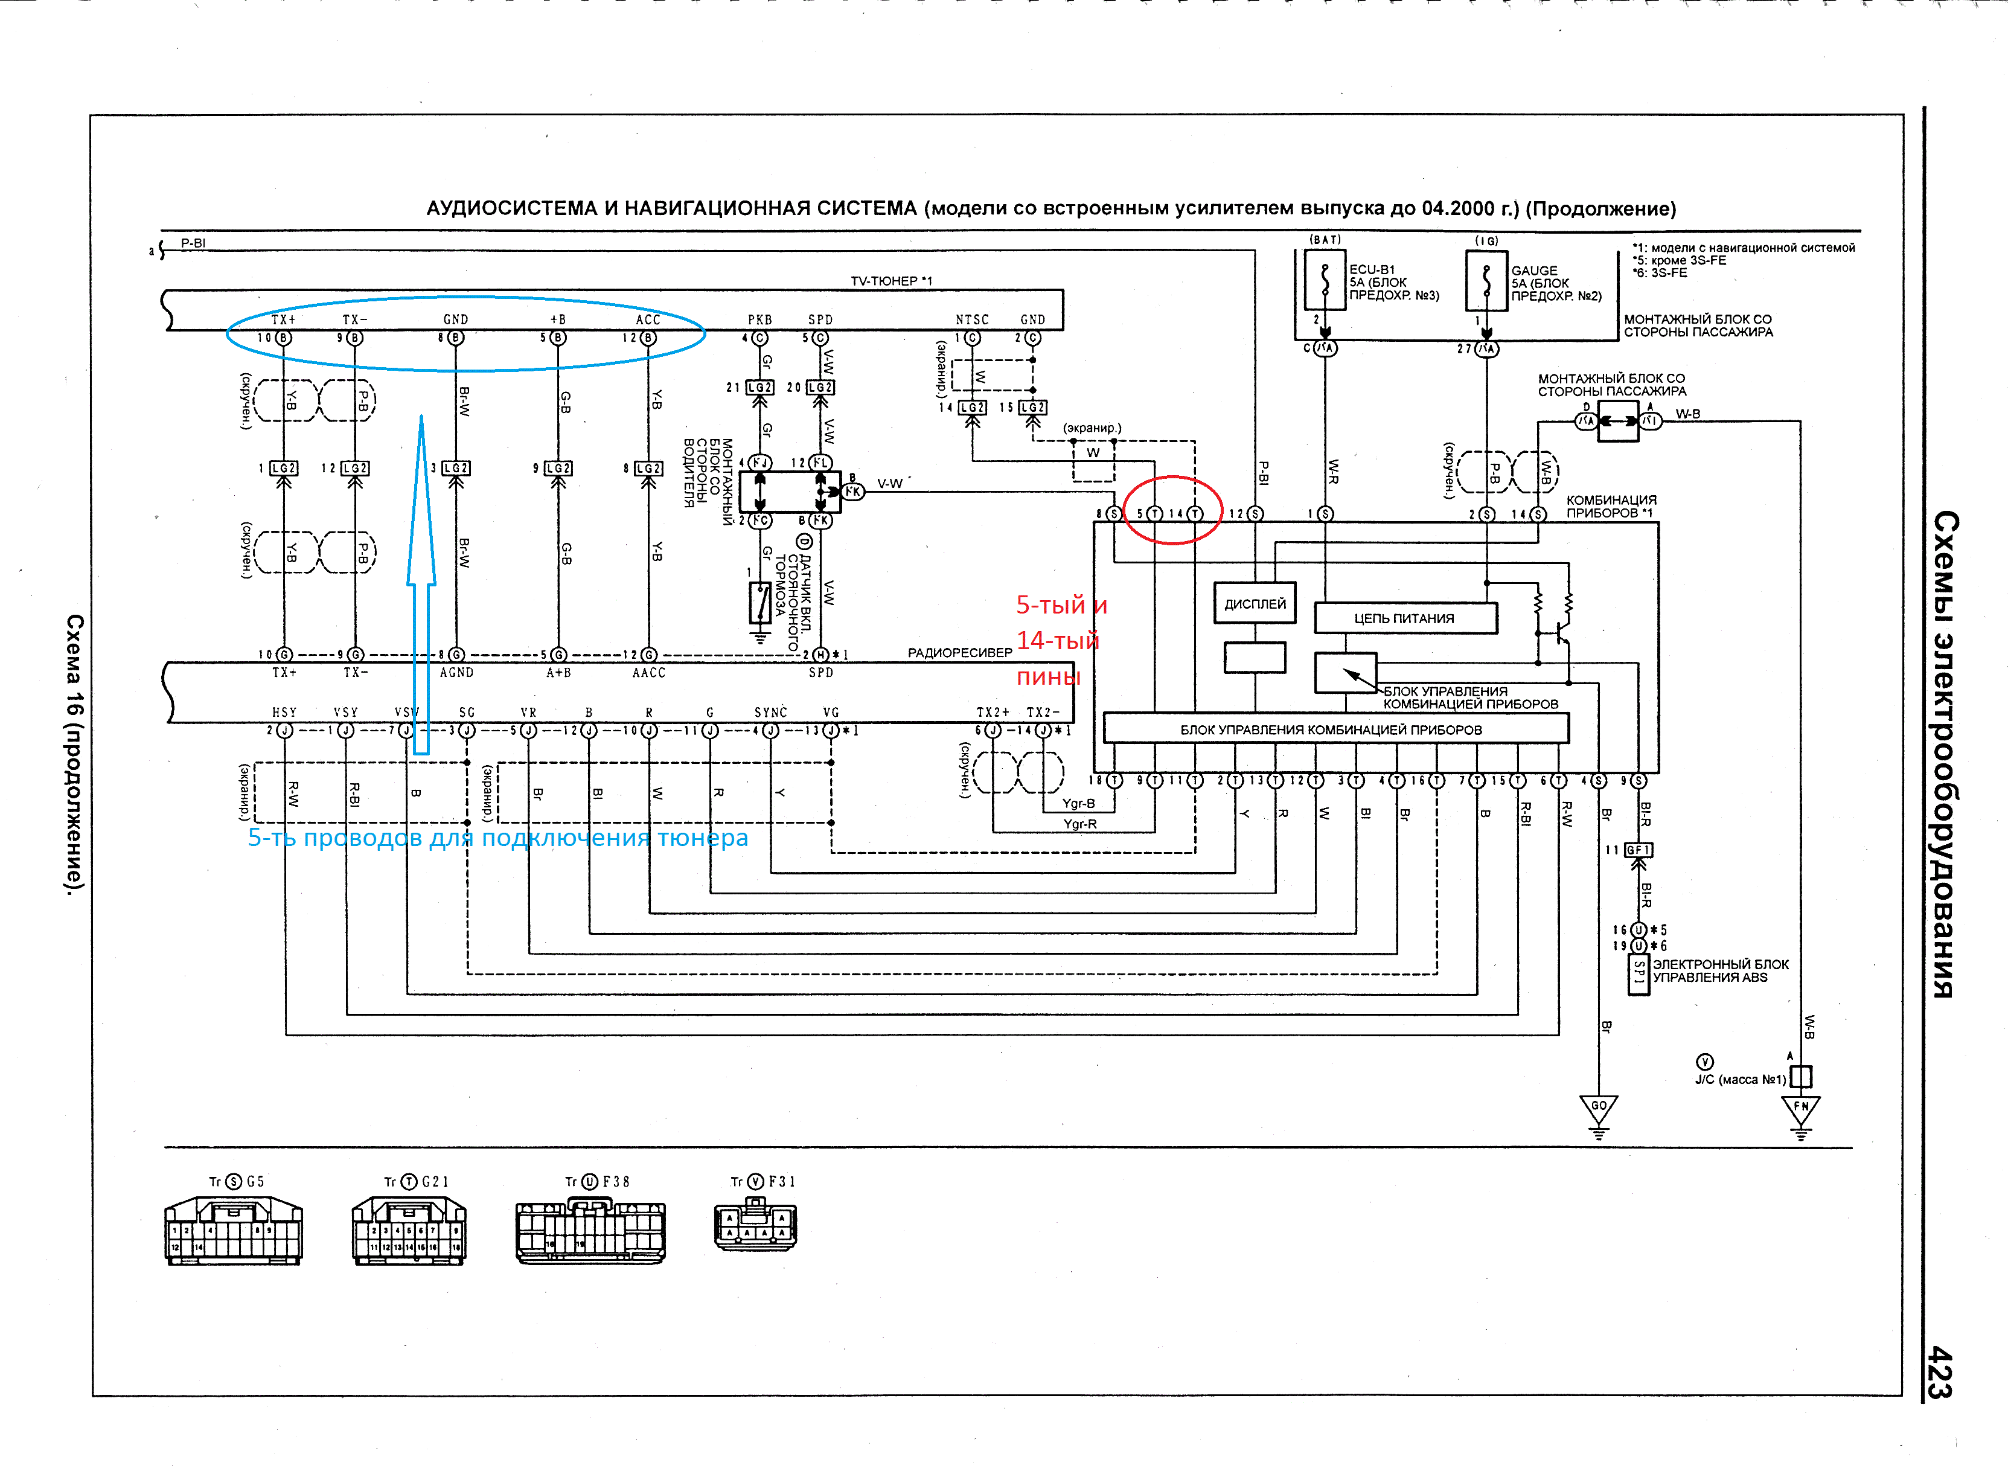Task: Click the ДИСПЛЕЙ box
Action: tap(1255, 603)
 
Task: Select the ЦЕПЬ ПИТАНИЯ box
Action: tap(1405, 618)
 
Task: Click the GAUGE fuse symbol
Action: tap(1486, 280)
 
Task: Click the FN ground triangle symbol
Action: tap(1801, 1111)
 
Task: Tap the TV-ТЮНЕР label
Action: tap(891, 281)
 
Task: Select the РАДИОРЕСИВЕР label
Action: tap(959, 652)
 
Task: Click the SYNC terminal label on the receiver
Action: tap(770, 713)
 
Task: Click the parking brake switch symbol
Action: tap(759, 603)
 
